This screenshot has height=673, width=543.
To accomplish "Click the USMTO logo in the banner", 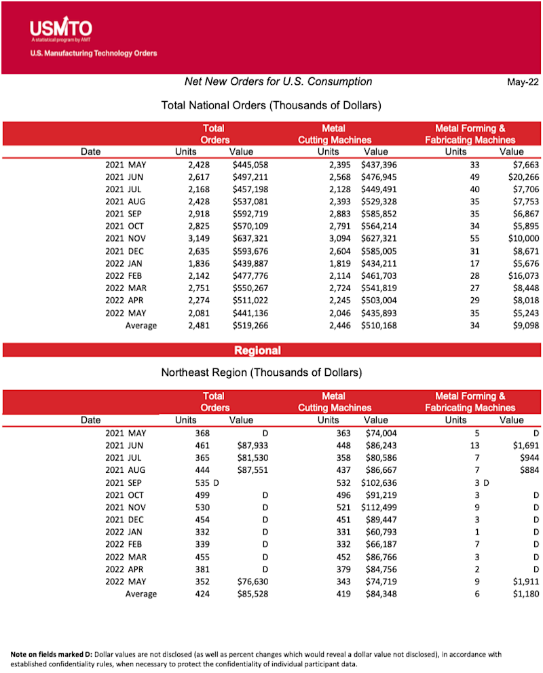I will [x=60, y=28].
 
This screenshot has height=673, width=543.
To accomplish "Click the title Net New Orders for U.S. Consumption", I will [x=278, y=81].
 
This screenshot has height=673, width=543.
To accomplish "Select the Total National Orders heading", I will [x=271, y=105].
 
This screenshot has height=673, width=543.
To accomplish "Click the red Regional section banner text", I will [x=257, y=350].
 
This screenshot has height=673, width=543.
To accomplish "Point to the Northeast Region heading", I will [x=261, y=372].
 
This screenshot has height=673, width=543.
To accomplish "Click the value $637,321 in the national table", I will [x=250, y=239].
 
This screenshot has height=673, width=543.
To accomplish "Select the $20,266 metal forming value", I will [x=520, y=177].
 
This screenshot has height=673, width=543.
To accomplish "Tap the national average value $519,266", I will [x=250, y=326].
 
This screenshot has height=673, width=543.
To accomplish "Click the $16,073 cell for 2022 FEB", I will [x=520, y=276].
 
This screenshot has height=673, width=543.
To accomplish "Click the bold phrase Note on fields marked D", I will [x=51, y=654].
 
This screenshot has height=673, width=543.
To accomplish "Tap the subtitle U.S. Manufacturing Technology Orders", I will [x=94, y=53].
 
